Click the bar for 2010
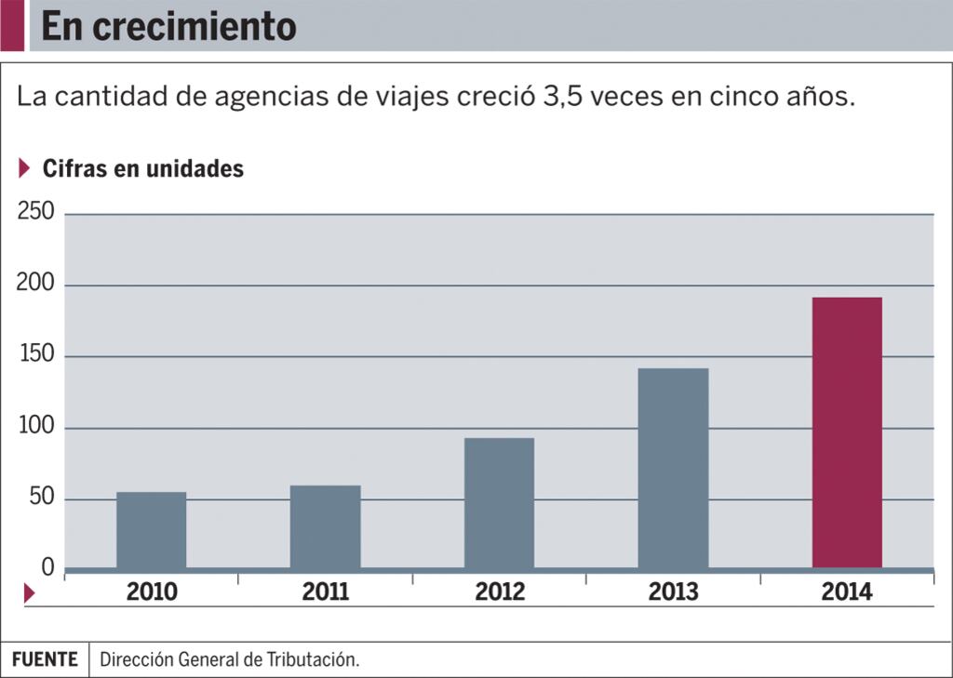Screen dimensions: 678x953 point(151,530)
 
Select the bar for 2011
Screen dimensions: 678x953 point(325,526)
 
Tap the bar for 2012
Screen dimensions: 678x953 point(499,503)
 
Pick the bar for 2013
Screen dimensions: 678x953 point(673,468)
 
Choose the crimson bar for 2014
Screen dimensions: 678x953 point(847,432)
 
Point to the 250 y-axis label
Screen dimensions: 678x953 point(35,212)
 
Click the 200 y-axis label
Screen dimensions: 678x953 point(35,284)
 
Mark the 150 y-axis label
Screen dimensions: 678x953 point(35,355)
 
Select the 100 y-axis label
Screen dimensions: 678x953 point(35,427)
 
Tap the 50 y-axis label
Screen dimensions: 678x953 point(40,499)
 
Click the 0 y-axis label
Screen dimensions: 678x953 point(47,567)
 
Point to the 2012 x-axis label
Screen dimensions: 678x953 point(500,592)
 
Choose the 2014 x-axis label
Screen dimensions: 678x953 point(847,592)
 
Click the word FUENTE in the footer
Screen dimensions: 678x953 point(46,659)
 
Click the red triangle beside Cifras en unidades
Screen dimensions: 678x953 point(25,168)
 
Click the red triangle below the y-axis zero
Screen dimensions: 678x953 point(29,592)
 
